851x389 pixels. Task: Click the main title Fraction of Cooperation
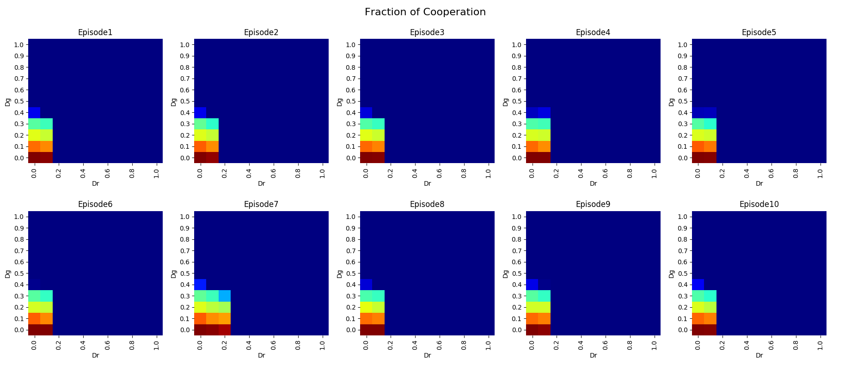[x=425, y=12]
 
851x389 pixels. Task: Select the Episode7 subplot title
[x=261, y=204]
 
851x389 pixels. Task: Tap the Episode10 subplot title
[x=759, y=204]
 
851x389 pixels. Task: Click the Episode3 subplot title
[x=427, y=32]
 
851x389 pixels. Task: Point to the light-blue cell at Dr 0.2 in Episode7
[x=225, y=296]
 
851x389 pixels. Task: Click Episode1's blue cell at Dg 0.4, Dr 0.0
[x=34, y=112]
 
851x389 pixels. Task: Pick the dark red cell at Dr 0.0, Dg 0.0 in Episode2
[x=200, y=158]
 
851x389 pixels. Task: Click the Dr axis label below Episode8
[x=427, y=355]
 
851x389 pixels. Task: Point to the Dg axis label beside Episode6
[x=8, y=274]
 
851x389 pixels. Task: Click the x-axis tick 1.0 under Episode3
[x=488, y=173]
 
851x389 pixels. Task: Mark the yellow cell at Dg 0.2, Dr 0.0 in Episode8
[x=366, y=307]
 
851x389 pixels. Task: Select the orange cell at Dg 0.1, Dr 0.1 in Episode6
[x=46, y=318]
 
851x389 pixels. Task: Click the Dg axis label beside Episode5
[x=672, y=102]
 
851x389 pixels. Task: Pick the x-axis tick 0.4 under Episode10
[x=747, y=345]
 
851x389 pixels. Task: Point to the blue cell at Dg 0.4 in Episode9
[x=532, y=285]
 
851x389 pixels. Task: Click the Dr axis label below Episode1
[x=95, y=183]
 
